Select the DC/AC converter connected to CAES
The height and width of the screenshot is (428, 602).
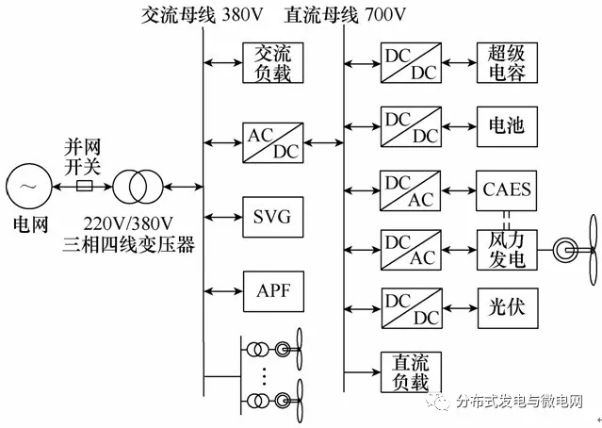point(409,189)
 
